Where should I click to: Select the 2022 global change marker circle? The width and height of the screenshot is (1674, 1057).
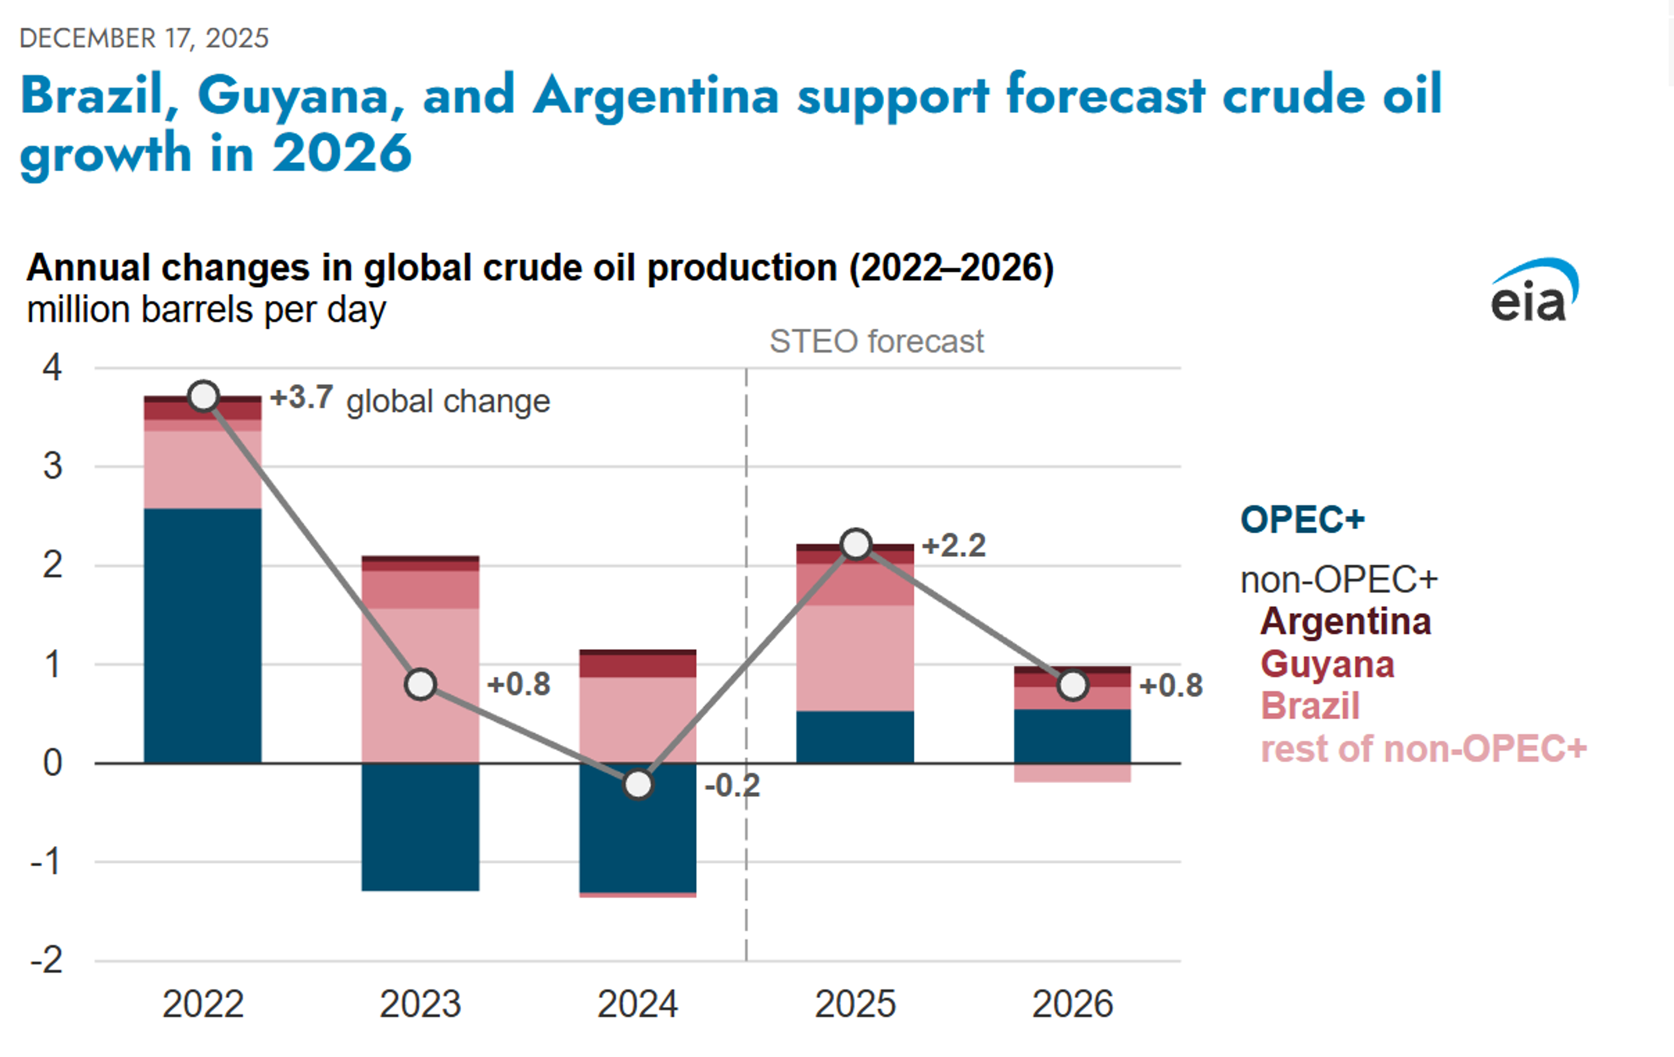pos(204,396)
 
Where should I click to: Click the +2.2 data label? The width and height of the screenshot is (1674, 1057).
pos(954,546)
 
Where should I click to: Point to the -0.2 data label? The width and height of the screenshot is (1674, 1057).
pos(732,786)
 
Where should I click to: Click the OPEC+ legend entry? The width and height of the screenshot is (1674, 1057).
pos(1302,519)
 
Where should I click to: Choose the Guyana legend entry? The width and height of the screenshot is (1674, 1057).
pos(1327,664)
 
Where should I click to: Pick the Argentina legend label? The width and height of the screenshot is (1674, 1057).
pos(1345,621)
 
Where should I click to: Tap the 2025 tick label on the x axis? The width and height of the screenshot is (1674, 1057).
pos(855,1003)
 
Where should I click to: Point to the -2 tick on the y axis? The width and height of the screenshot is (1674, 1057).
pos(47,960)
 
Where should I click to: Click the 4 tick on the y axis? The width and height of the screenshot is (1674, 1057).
pos(52,367)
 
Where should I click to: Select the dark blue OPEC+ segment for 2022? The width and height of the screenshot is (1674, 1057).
pos(203,636)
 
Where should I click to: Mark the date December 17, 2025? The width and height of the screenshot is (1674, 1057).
pos(144,38)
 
